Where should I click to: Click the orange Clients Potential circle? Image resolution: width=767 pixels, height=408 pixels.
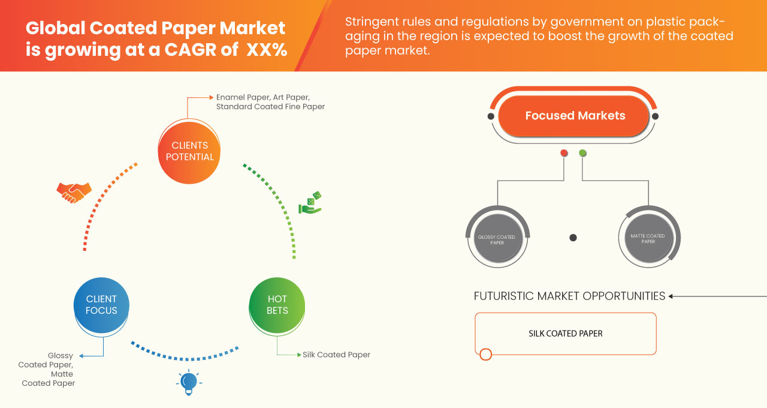tap(189, 151)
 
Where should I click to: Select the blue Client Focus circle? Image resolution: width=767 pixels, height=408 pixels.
tap(101, 305)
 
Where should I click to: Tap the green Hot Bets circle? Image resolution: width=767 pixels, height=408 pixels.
tap(277, 305)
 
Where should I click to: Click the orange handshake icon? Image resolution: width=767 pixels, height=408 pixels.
tap(74, 192)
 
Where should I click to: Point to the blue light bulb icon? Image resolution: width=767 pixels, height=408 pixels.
tap(189, 382)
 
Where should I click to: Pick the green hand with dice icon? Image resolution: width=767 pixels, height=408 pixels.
tap(310, 203)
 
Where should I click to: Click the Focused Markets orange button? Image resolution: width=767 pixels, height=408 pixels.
tap(575, 116)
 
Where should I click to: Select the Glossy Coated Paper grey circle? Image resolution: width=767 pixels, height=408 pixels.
tap(497, 239)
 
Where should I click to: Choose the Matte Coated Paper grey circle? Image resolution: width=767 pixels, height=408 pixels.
tap(648, 238)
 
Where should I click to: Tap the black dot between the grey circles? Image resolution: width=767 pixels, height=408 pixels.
tap(573, 238)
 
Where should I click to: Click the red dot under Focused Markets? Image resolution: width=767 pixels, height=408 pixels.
tap(564, 153)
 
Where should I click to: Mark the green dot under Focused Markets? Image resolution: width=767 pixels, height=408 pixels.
tap(582, 153)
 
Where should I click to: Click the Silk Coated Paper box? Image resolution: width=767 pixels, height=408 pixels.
tap(565, 334)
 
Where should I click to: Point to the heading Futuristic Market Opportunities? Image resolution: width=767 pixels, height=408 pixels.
tap(569, 296)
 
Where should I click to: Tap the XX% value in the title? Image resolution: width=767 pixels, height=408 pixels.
tap(266, 50)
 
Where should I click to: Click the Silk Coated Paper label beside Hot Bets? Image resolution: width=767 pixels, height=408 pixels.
tap(336, 355)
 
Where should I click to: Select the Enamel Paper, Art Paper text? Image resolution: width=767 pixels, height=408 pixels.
tap(263, 97)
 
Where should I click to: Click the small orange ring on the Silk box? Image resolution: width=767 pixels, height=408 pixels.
tap(486, 354)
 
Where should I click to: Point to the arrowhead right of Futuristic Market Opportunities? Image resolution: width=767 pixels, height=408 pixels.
tap(671, 296)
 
